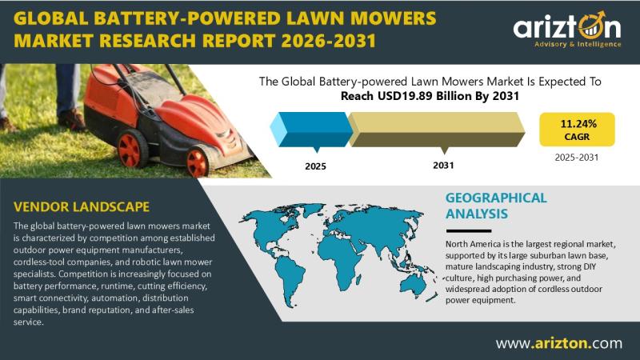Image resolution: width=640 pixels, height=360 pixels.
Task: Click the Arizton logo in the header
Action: [x=567, y=30]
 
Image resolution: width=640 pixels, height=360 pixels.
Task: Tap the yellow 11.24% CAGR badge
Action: [x=577, y=130]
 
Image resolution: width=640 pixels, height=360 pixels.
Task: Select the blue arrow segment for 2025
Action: [x=311, y=130]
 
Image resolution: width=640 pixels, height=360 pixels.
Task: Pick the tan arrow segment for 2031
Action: [x=436, y=130]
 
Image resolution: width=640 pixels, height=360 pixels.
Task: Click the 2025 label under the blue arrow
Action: [x=315, y=166]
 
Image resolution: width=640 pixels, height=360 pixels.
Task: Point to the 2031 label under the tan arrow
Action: [x=443, y=166]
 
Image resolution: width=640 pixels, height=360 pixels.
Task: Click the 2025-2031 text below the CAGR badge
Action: [x=576, y=158]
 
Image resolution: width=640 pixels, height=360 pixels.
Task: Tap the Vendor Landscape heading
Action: [x=82, y=207]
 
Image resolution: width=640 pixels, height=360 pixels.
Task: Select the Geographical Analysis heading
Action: [x=496, y=206]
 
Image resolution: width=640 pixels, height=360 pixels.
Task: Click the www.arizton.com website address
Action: [x=558, y=343]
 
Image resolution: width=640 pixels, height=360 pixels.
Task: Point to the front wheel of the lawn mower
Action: [x=198, y=162]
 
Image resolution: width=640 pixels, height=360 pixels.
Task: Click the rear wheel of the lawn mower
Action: [x=131, y=149]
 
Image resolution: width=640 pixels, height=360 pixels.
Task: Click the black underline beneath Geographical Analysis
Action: [x=468, y=231]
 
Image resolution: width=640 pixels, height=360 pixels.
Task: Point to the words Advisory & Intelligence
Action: [x=578, y=44]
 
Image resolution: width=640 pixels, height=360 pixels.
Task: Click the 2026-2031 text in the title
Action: [x=328, y=41]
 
